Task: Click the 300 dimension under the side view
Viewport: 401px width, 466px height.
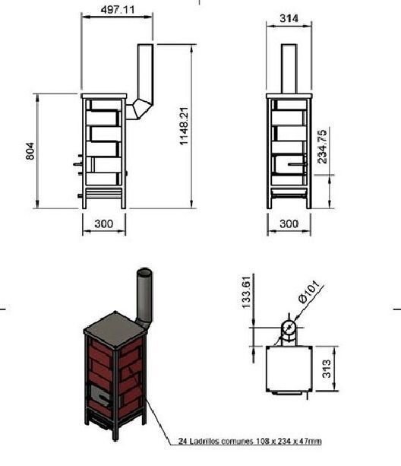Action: click(x=103, y=223)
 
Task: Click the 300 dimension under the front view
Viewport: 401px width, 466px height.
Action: click(x=289, y=223)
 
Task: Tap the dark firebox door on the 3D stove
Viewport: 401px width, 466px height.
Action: click(x=99, y=393)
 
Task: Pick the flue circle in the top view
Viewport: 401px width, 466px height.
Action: click(x=288, y=328)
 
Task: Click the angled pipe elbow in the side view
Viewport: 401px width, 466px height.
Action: click(x=138, y=107)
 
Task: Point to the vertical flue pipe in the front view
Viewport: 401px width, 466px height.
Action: click(x=288, y=68)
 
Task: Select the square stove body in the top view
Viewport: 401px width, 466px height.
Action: click(x=288, y=370)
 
